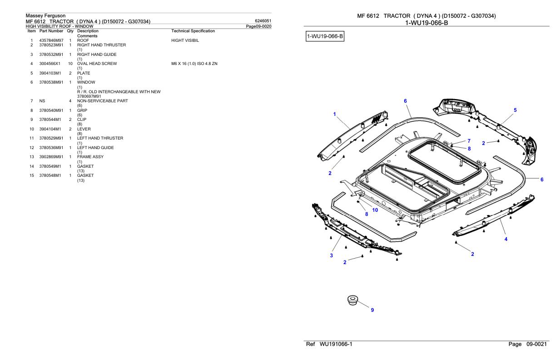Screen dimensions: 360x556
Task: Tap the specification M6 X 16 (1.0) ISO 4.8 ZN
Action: click(194, 64)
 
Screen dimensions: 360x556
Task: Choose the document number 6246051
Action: click(264, 21)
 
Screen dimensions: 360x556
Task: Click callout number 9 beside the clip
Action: click(372, 310)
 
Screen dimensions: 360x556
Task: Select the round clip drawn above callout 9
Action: click(352, 300)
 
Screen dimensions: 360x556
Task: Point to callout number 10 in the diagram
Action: click(375, 210)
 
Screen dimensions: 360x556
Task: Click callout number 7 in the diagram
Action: click(469, 141)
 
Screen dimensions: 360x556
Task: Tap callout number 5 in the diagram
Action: click(515, 110)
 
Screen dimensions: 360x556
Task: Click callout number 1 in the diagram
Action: click(334, 114)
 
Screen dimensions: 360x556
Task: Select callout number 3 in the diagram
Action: click(331, 255)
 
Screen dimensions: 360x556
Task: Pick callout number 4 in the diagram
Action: click(506, 239)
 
